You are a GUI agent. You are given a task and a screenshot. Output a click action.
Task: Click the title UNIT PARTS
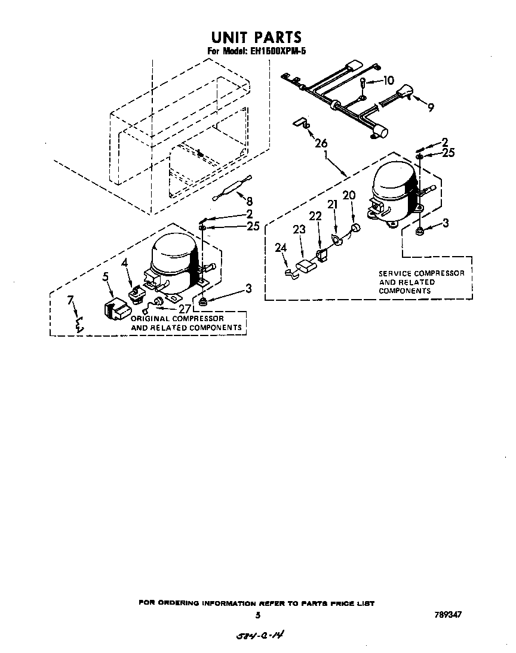(x=257, y=38)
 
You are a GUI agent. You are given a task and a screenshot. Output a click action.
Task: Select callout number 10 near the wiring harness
(x=388, y=80)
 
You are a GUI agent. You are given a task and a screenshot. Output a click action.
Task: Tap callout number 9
(x=430, y=107)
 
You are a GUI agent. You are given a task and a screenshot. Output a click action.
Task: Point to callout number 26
(x=321, y=143)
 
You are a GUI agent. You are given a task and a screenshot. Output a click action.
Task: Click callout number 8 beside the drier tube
(x=250, y=202)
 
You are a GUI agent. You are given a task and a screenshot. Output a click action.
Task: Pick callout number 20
(x=349, y=195)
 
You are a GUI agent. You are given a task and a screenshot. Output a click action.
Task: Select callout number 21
(x=333, y=204)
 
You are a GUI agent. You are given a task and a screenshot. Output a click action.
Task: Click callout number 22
(x=315, y=216)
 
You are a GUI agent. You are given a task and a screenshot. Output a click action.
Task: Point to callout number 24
(x=281, y=248)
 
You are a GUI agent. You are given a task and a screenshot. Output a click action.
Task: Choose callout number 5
(x=106, y=276)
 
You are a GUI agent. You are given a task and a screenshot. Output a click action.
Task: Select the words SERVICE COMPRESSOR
(x=421, y=273)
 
